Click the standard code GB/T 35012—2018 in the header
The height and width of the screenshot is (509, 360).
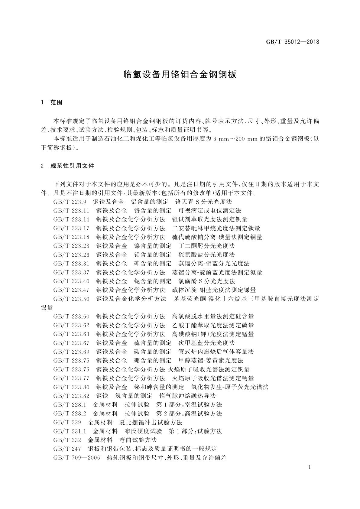coord(292,42)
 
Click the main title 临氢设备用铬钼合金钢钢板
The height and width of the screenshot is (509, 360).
coord(180,74)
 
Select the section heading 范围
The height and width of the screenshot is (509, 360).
coord(56,102)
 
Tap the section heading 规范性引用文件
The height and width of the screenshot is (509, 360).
coord(72,166)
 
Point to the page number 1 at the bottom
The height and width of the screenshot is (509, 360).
coord(310,468)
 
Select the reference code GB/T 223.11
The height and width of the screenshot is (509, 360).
coord(71,210)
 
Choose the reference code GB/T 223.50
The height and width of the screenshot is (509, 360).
coord(71,299)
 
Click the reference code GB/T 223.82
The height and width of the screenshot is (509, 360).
coord(71,396)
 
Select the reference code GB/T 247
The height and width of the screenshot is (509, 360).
coord(67,449)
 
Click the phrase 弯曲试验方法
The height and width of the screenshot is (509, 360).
coord(138,440)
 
